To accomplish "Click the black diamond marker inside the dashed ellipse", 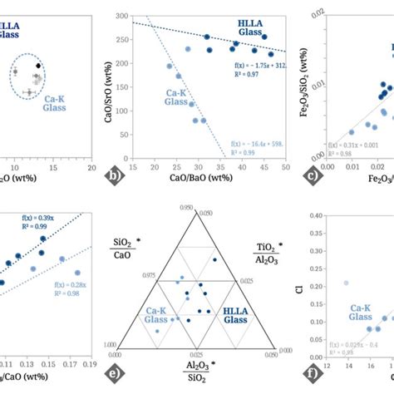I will tap(37, 65).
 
